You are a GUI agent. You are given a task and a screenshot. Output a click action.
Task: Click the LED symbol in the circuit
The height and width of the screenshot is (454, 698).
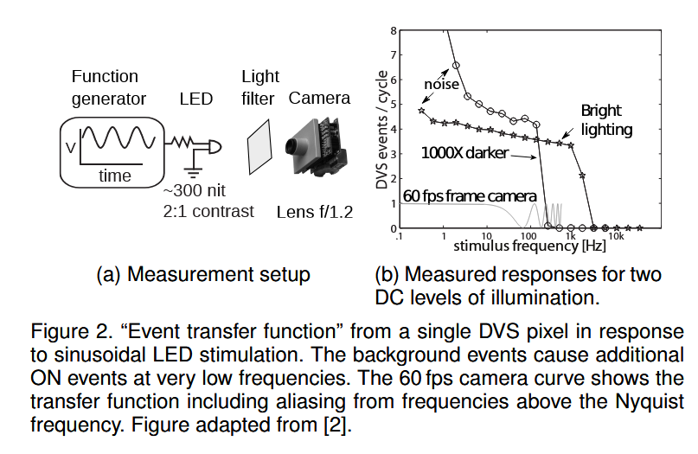click(214, 147)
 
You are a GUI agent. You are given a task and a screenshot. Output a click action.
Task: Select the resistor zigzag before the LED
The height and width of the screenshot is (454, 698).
click(181, 143)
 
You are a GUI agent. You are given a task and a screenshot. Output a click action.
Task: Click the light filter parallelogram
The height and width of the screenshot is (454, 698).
click(259, 146)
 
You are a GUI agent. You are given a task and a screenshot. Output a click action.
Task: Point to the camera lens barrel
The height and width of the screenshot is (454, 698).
click(294, 146)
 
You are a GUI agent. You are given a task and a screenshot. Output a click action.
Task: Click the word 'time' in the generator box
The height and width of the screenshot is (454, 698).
click(115, 176)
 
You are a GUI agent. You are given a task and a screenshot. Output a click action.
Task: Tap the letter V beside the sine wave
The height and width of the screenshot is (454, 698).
click(70, 147)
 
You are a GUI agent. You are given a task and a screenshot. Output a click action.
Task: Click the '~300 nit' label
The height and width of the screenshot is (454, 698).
click(194, 190)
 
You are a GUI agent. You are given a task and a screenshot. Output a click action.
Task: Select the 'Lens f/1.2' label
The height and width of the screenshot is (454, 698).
click(315, 212)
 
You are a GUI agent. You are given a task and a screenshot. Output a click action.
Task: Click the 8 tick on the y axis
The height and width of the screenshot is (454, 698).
click(393, 31)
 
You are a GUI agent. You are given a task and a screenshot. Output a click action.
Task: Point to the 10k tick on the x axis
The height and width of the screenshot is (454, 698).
click(616, 236)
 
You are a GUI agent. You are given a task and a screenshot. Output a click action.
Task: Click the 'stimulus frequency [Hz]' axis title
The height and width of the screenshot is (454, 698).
click(529, 246)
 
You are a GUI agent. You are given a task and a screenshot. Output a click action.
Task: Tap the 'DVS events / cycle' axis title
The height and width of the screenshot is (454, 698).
click(382, 130)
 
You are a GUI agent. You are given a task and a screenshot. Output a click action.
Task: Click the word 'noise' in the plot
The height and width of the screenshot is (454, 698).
click(441, 84)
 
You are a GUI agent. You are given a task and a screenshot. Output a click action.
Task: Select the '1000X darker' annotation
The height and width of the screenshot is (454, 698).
click(464, 153)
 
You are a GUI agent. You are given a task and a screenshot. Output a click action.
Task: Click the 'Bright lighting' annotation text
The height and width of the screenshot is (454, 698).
click(606, 120)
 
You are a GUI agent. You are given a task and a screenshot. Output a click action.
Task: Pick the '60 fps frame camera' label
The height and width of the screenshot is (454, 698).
click(470, 195)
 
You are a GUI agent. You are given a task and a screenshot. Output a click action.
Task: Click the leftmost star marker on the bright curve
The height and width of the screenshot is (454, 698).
click(421, 111)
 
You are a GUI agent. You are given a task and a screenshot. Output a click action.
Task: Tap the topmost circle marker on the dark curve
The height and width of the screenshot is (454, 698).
click(456, 65)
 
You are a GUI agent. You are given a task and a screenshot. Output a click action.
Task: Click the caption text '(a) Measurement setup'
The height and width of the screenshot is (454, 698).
click(203, 275)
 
